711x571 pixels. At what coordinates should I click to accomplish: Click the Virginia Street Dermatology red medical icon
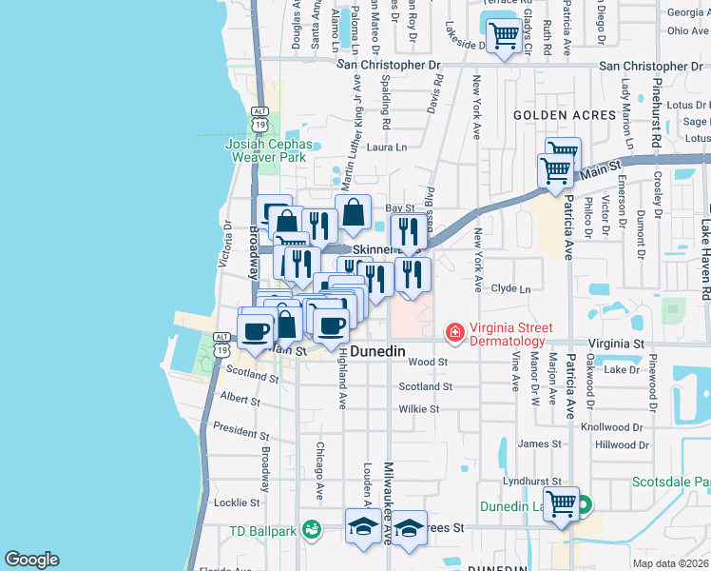pyautogui.click(x=454, y=333)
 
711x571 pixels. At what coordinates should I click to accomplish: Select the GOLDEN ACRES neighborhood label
pyautogui.click(x=552, y=114)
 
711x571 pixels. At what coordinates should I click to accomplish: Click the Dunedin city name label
pyautogui.click(x=378, y=351)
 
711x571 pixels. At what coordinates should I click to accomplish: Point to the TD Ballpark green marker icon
pyautogui.click(x=311, y=528)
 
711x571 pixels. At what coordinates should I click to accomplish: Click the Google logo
pyautogui.click(x=31, y=560)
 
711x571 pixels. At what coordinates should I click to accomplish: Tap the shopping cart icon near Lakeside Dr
pyautogui.click(x=503, y=35)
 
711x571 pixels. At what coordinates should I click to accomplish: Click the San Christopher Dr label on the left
pyautogui.click(x=390, y=66)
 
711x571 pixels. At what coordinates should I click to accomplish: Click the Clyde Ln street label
pyautogui.click(x=509, y=288)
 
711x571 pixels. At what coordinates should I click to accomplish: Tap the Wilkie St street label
pyautogui.click(x=418, y=409)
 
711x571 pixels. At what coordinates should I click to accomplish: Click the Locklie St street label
pyautogui.click(x=238, y=502)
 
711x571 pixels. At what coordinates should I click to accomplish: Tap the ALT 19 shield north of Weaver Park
pyautogui.click(x=259, y=118)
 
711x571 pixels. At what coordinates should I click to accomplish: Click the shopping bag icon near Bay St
pyautogui.click(x=353, y=212)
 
